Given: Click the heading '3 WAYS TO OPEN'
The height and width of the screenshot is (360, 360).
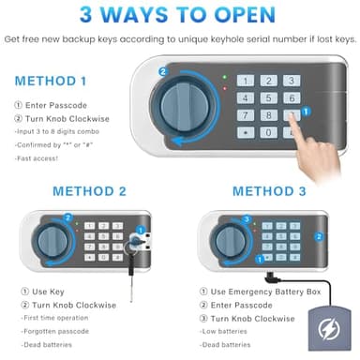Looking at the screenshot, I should click(180, 16).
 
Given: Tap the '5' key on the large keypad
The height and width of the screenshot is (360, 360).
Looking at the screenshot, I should click(266, 97).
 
